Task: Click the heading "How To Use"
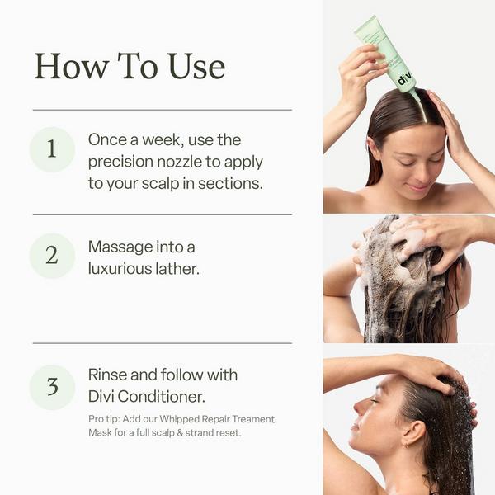click(130, 66)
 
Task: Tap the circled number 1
click(52, 149)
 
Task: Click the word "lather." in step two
click(175, 268)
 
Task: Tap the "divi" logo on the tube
click(404, 81)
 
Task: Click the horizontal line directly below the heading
click(162, 110)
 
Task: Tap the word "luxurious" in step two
click(123, 268)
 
